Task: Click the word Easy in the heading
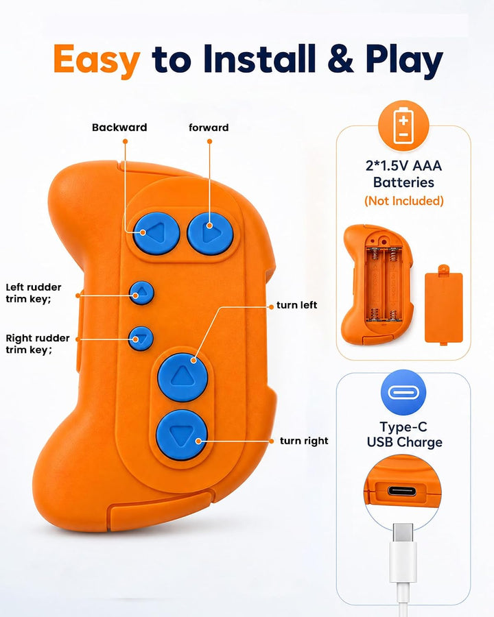(97, 60)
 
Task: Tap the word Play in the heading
(404, 60)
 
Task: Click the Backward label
(119, 128)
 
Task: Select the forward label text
(209, 128)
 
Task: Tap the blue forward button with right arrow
(211, 233)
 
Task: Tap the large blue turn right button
(182, 435)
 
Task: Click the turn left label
(296, 305)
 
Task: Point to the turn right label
(304, 441)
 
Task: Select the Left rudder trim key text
(34, 293)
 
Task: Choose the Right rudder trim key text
(38, 344)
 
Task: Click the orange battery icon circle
(403, 126)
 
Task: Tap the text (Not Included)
(404, 201)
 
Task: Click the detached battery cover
(444, 304)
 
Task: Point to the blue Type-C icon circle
(403, 392)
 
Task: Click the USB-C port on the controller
(402, 491)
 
